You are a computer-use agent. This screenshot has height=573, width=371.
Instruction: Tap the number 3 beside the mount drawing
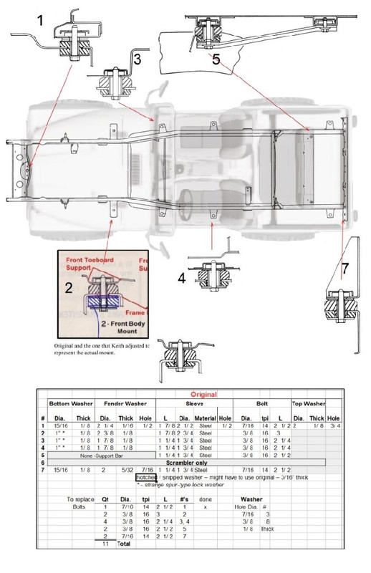coord(137,59)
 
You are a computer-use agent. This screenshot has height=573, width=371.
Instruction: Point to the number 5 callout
coord(216,59)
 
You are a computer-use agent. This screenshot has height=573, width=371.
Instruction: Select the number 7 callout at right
coord(344,269)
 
